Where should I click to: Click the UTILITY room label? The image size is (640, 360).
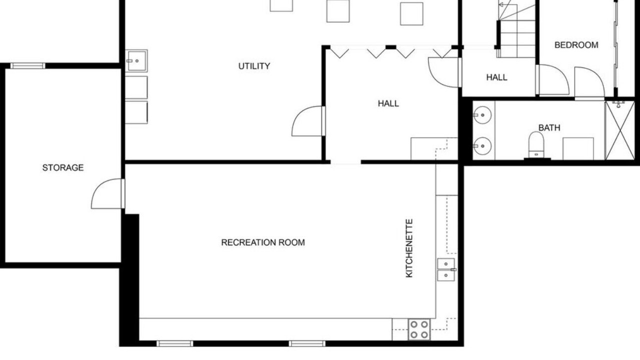tap(254, 66)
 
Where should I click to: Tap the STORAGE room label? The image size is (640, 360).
tap(63, 167)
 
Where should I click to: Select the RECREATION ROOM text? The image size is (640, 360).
tap(263, 242)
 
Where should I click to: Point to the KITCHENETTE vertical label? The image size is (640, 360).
tap(409, 248)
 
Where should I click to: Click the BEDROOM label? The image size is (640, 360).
tap(576, 45)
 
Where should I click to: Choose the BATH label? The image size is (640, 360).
tap(549, 127)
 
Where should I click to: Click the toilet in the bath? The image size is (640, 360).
tap(536, 144)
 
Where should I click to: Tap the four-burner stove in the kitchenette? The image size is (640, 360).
tap(419, 329)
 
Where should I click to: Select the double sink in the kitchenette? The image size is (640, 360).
tap(446, 269)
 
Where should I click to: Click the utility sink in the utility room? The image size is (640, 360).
tap(136, 61)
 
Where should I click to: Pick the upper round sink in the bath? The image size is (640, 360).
tap(482, 115)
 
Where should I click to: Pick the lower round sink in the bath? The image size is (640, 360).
tap(482, 145)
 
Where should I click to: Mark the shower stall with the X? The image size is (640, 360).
tap(619, 130)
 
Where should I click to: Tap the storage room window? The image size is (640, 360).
tap(27, 65)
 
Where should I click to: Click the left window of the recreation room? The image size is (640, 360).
tap(174, 343)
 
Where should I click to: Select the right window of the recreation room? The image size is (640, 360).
tap(307, 343)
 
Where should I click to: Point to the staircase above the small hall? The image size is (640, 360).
tap(517, 28)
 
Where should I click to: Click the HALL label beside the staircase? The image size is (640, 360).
tap(497, 77)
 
